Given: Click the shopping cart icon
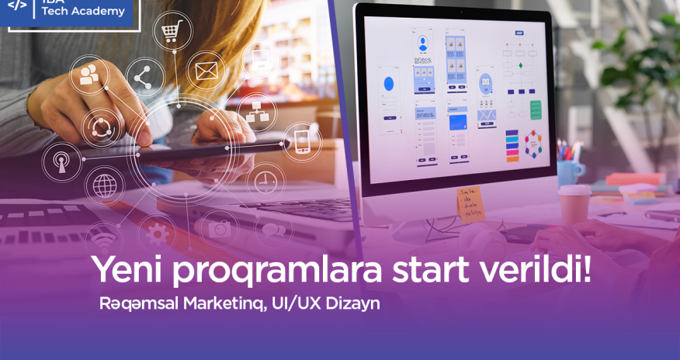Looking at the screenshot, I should [172, 32].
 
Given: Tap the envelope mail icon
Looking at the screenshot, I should [206, 71].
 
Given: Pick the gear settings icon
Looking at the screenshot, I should [158, 232].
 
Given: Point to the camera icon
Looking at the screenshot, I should [219, 229].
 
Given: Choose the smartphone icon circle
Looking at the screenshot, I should [301, 142].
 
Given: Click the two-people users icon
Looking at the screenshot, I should [89, 74].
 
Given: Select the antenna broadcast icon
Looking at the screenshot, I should [61, 163].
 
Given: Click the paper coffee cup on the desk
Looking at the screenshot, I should [574, 204].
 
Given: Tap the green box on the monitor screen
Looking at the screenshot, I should [536, 109].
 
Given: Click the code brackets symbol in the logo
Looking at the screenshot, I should [17, 6].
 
